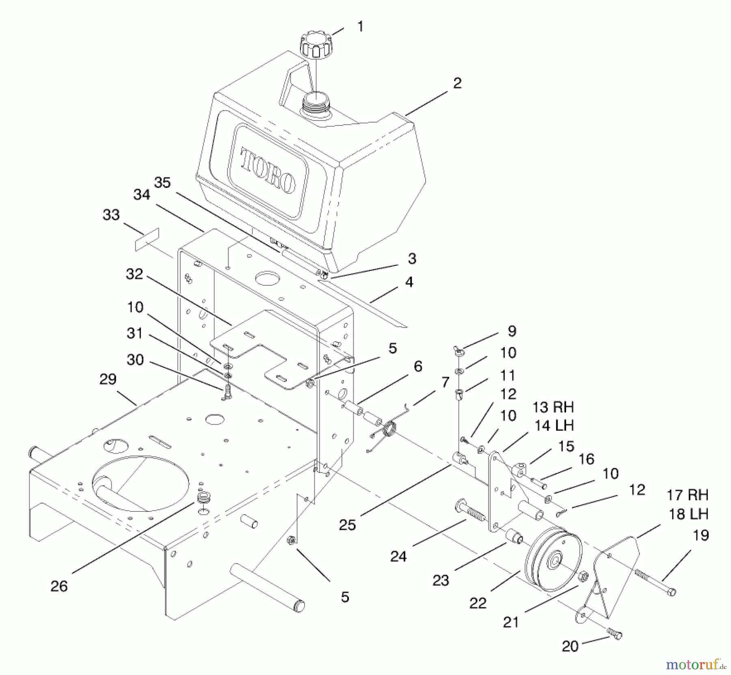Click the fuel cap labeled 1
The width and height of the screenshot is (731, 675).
click(314, 46)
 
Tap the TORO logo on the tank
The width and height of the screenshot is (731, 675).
click(268, 170)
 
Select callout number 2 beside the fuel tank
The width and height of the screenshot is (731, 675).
click(457, 83)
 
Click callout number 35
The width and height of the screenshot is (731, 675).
click(162, 183)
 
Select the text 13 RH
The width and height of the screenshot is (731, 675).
click(553, 407)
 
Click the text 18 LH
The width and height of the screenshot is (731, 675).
click(689, 514)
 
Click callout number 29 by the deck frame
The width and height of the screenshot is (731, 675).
click(108, 379)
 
